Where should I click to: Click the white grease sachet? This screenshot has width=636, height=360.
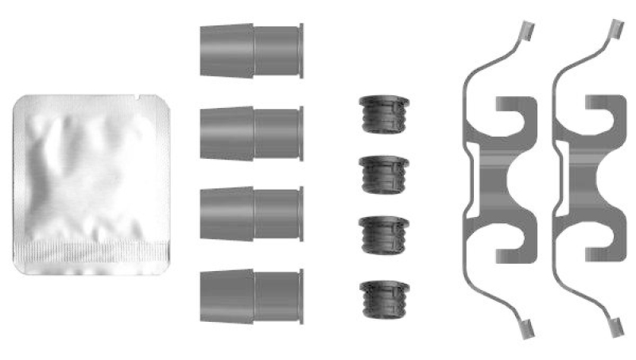91,183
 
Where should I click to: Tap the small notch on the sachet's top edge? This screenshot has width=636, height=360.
141,99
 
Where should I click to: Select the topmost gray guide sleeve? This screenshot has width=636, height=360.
250,51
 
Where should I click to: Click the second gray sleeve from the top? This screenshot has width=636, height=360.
250,134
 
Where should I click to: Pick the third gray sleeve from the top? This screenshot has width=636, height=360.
250,214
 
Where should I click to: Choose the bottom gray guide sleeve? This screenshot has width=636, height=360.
250,295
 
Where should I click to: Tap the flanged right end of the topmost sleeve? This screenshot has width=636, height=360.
300,51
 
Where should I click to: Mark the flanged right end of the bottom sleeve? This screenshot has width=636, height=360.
300,295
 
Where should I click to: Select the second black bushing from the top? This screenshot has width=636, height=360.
383,173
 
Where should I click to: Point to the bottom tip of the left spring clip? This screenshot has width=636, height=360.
524,327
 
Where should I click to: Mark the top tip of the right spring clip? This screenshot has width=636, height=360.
615,29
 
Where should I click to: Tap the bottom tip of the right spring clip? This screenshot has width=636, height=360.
615,327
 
